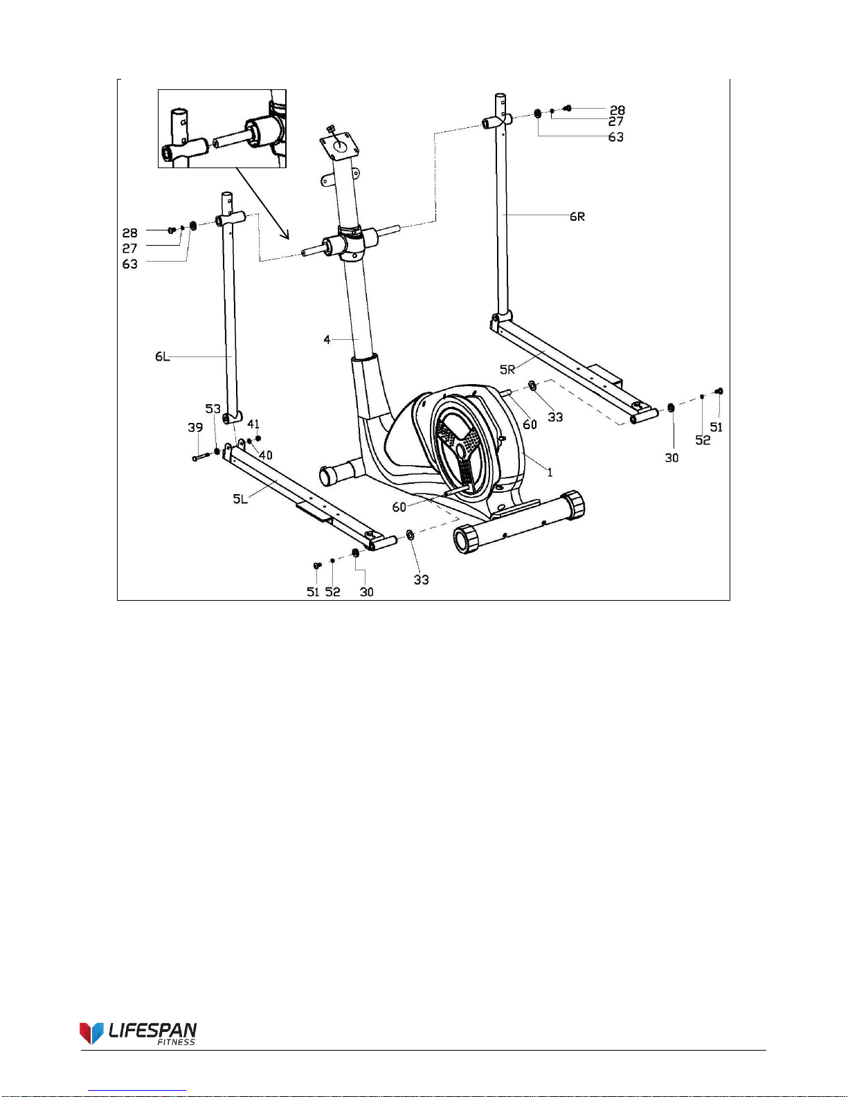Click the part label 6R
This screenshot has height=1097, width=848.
577,217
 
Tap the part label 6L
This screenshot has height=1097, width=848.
162,357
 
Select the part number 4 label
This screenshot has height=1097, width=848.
327,340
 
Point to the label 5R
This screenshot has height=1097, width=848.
507,370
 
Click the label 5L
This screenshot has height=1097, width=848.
240,499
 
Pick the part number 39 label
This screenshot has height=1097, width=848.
195,428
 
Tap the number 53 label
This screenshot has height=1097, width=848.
213,408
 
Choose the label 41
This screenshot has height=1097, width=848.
253,424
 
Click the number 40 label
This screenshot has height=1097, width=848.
266,455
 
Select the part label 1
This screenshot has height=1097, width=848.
550,472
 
